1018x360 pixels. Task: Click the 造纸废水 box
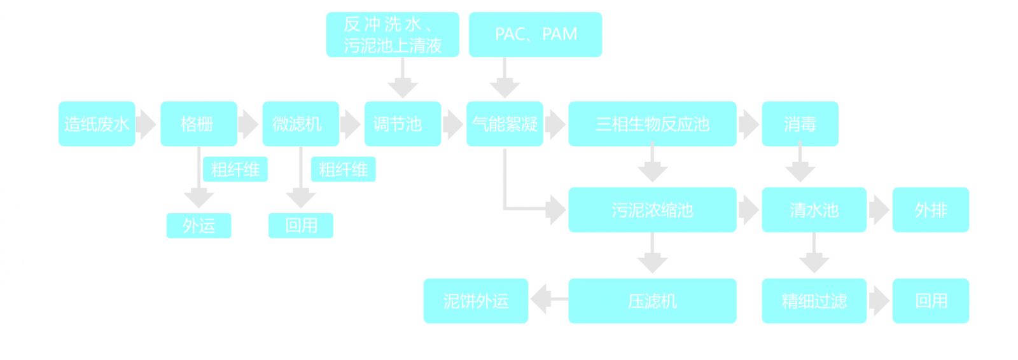pos(97,124)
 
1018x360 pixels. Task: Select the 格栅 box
pos(199,124)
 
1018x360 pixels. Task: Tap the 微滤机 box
pos(300,124)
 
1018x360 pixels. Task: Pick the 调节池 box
pos(402,124)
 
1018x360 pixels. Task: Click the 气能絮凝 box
pos(505,124)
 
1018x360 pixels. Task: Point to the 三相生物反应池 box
pos(652,124)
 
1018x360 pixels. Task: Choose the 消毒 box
pos(800,124)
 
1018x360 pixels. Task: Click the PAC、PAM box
pos(535,34)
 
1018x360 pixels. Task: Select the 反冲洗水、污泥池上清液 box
pos(393,34)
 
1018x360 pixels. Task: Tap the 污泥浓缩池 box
pos(652,210)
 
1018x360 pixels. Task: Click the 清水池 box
pos(814,210)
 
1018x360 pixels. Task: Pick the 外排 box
pos(930,210)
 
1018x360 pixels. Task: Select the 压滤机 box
pos(652,301)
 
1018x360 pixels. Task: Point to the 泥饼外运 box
pos(476,301)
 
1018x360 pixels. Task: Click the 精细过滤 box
pos(814,301)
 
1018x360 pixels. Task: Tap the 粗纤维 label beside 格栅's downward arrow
pos(235,169)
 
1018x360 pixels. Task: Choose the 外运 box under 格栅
pos(199,225)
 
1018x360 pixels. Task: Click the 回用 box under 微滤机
pos(300,225)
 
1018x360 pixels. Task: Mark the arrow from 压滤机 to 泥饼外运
pos(547,300)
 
